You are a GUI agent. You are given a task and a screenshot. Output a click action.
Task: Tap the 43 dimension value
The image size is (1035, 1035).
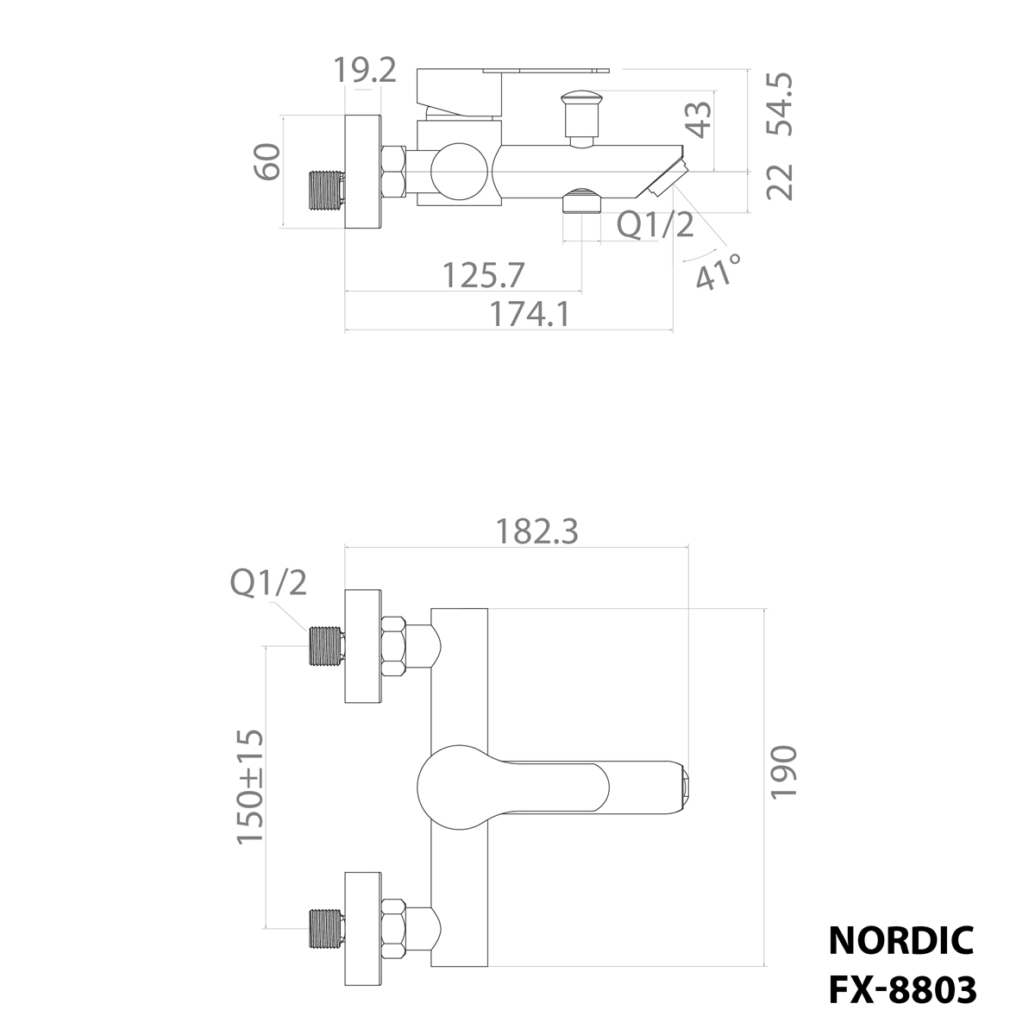[x=699, y=119]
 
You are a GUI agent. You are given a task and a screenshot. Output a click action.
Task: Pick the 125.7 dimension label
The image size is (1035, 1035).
[x=483, y=275]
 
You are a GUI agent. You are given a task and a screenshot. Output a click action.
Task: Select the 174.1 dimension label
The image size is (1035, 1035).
[x=530, y=315]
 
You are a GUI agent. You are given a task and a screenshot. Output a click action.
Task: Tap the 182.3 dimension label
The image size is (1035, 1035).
[x=536, y=531]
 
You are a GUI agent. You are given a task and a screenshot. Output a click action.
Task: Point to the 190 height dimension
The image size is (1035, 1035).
[x=783, y=774]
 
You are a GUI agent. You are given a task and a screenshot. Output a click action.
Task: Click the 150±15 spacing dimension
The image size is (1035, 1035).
[x=250, y=787]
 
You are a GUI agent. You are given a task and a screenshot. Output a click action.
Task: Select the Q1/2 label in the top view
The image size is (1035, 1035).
[x=655, y=225]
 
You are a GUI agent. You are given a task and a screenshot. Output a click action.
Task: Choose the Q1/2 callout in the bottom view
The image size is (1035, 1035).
[x=268, y=584]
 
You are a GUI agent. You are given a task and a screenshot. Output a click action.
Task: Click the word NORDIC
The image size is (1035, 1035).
[x=901, y=940]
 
